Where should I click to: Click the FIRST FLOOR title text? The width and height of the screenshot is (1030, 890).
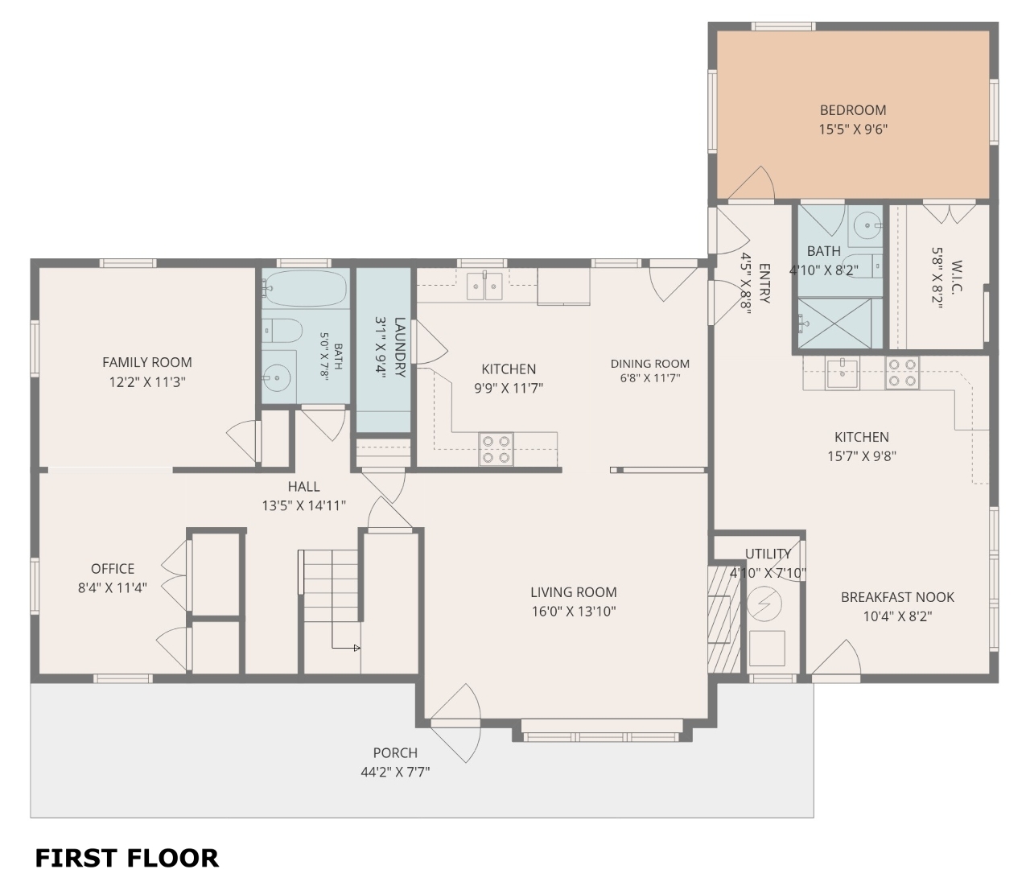point(126,858)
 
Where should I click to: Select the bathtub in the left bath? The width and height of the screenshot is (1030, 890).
point(305,289)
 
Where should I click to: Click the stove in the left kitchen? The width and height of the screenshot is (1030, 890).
point(496,449)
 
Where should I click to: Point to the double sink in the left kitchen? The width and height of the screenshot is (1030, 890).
point(484,286)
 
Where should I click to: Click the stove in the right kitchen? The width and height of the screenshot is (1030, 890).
point(902,373)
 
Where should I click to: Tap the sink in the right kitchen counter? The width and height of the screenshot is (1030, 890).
point(843,373)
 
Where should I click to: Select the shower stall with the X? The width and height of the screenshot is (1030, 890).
point(834,323)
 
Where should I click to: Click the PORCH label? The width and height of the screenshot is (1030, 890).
point(395,752)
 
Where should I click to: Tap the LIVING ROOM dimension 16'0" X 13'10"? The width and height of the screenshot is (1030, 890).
point(574,612)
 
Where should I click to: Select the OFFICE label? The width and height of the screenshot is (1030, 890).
point(113,569)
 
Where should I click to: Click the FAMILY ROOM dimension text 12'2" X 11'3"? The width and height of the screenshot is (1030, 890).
point(147,382)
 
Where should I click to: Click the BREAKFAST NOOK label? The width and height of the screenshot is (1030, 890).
point(897,597)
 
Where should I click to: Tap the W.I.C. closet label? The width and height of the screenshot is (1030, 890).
point(956,277)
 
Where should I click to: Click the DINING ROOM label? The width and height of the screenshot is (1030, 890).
point(650,364)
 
